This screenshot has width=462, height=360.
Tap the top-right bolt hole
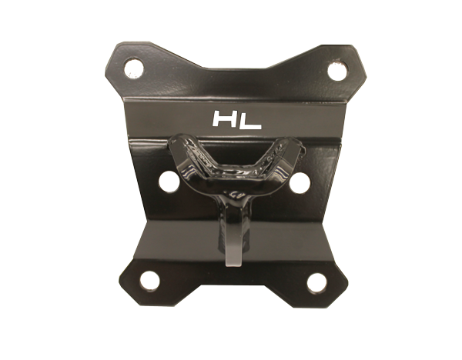(338, 71)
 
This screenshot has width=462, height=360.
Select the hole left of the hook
(169, 182)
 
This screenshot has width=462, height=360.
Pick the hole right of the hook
(299, 183)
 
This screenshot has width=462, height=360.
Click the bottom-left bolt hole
(149, 280)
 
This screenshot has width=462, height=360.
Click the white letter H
(225, 118)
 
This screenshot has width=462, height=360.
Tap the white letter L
(250, 120)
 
